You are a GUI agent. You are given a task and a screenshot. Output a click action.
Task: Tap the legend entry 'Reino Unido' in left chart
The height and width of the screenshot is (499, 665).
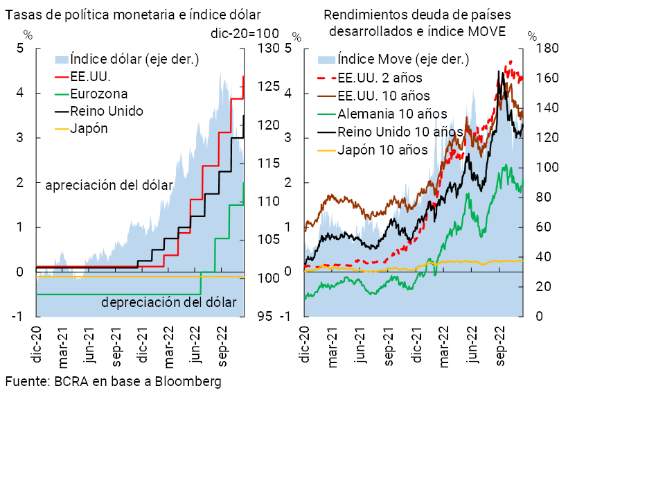point(107,111)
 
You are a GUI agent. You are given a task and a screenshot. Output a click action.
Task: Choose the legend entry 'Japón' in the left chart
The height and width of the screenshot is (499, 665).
point(89,128)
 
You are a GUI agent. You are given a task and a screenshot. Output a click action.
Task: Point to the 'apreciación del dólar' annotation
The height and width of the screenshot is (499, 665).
point(109,186)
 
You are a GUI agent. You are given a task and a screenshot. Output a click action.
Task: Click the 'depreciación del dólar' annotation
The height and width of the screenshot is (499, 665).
point(169,303)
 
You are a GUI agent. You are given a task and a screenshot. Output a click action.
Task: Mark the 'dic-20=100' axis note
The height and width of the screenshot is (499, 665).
point(244,33)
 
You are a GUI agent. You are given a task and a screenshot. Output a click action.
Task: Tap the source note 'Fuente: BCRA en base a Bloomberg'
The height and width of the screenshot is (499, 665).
point(114,382)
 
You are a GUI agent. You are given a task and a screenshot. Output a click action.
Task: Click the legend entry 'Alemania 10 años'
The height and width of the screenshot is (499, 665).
point(392,114)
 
